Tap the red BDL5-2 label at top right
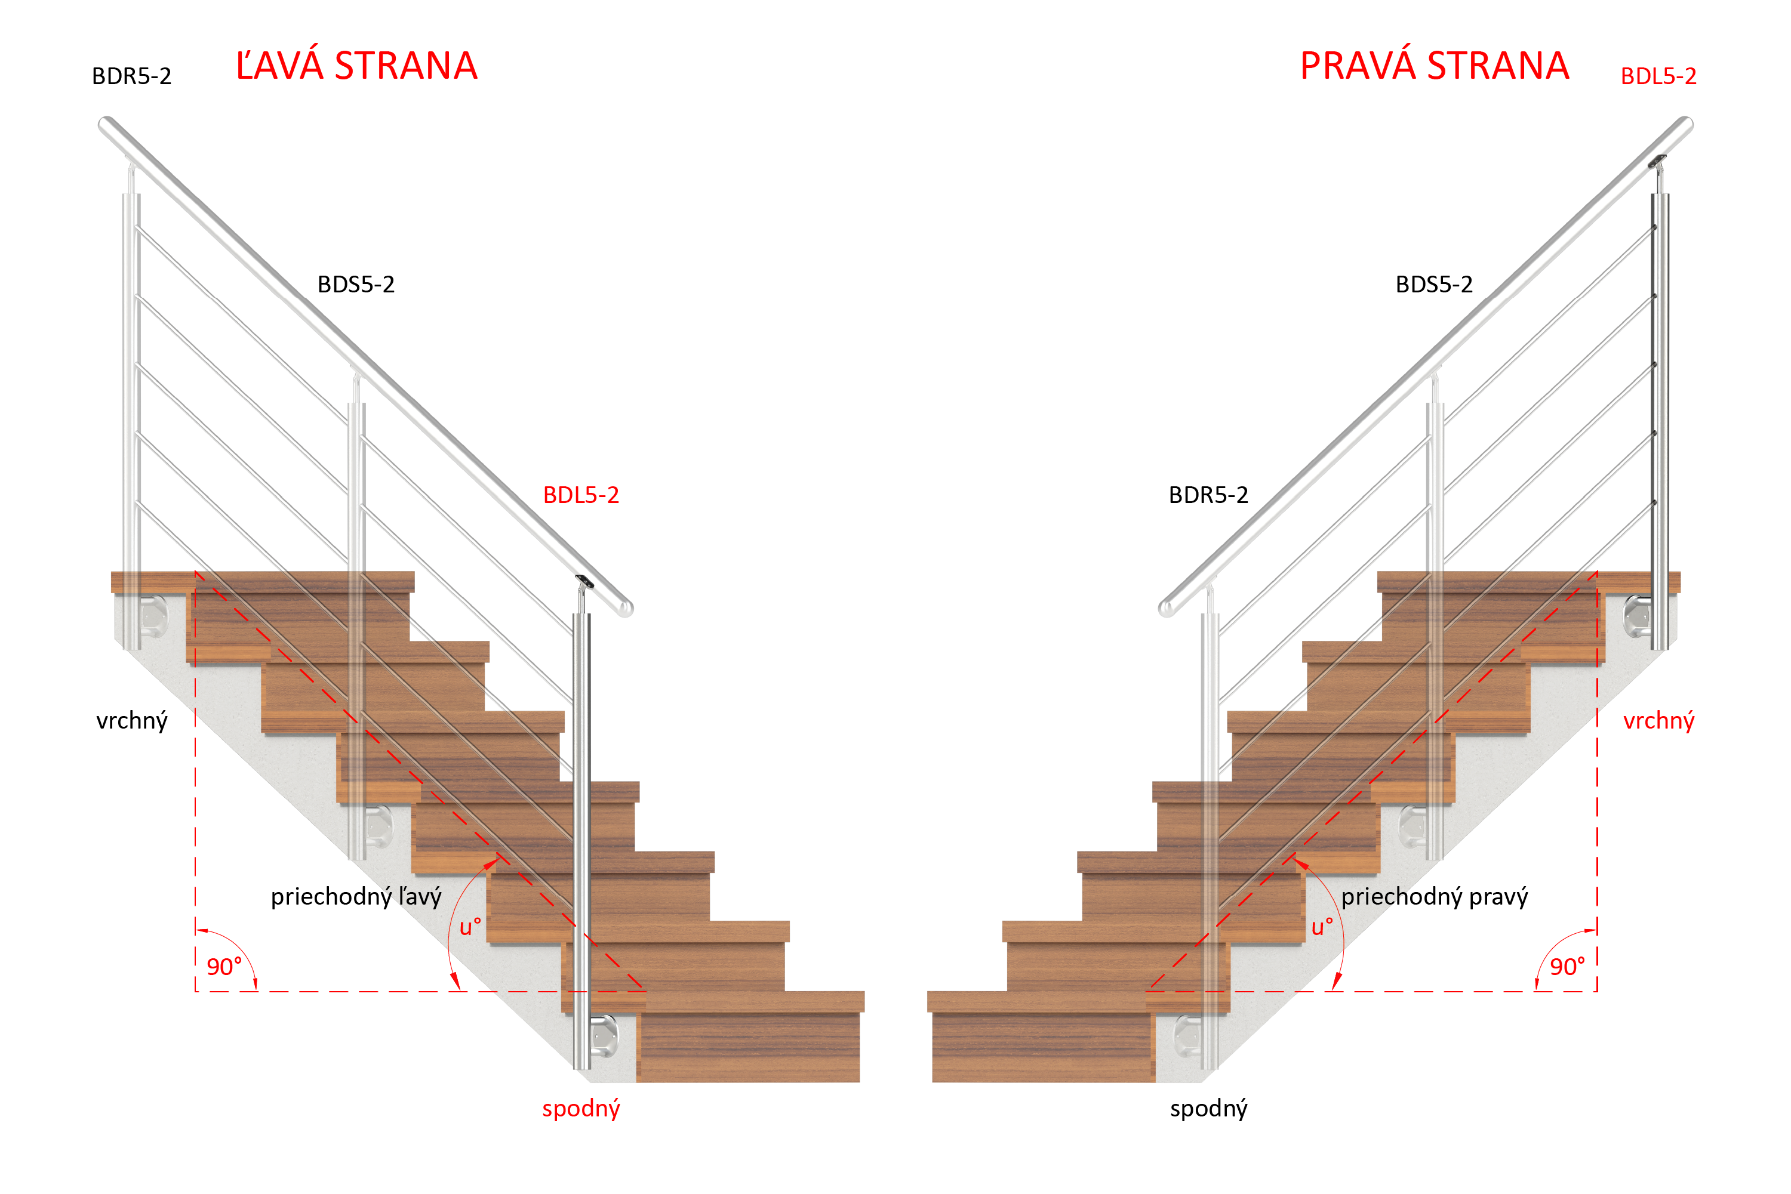[1658, 76]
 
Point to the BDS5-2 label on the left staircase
[356, 284]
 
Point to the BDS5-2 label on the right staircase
[1435, 284]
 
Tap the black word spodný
[1209, 1109]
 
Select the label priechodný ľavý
[356, 896]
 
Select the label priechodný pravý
[1435, 896]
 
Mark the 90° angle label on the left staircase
[224, 966]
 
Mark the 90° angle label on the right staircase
[1568, 966]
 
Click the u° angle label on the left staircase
[470, 927]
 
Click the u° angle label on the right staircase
[1322, 927]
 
